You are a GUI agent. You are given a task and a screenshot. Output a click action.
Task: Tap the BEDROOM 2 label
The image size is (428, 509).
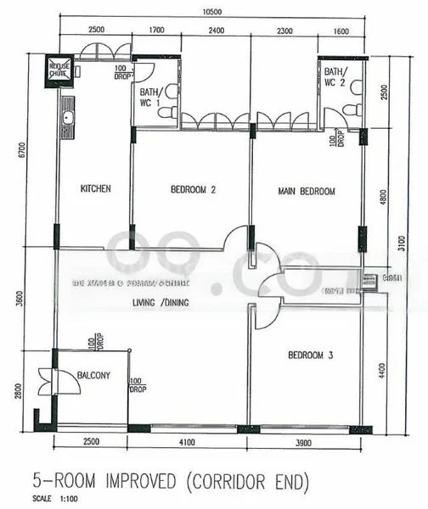click(193, 190)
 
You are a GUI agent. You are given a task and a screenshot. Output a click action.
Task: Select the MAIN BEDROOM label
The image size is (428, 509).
click(307, 192)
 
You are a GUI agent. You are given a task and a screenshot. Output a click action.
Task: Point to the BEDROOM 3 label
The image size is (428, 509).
click(310, 355)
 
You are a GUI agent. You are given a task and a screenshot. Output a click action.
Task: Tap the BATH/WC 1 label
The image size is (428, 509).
click(150, 97)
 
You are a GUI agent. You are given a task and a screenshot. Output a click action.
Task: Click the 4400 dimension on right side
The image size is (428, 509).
click(383, 369)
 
